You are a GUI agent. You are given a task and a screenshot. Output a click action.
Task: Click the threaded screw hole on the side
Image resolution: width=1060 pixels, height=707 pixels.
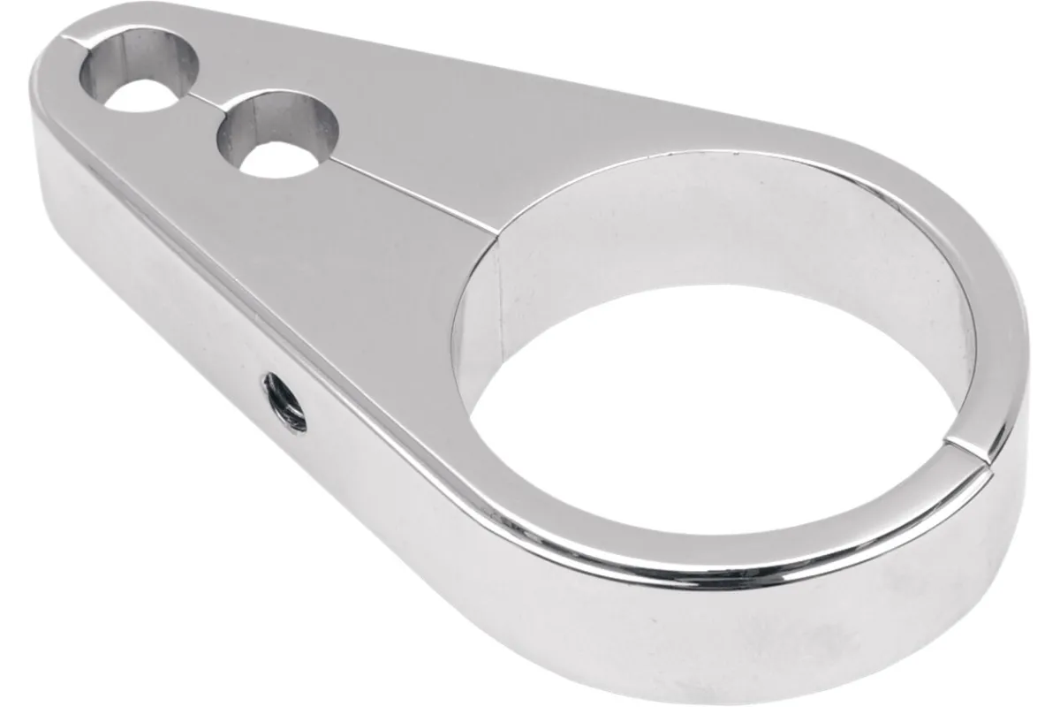click(x=284, y=402)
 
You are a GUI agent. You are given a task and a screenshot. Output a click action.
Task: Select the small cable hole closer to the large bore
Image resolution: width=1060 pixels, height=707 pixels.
click(x=278, y=134)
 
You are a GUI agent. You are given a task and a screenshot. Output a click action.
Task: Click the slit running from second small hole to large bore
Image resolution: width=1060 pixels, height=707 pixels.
click(x=415, y=194)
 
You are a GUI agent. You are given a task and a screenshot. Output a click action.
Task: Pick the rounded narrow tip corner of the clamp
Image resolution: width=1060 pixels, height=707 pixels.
click(x=49, y=62)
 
